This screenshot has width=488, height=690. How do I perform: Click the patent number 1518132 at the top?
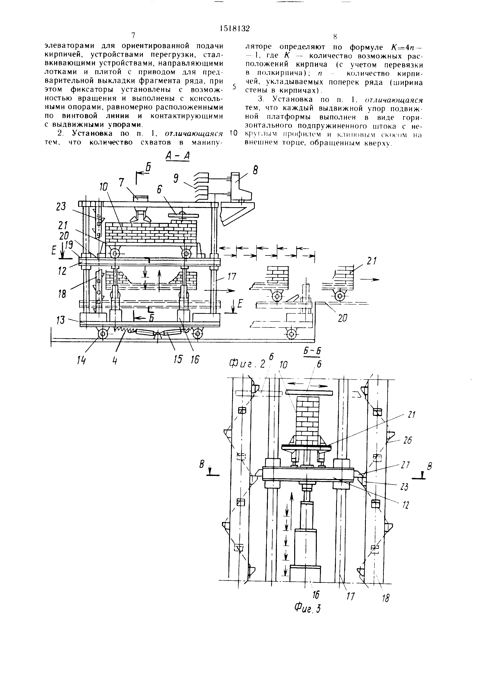coord(235,29)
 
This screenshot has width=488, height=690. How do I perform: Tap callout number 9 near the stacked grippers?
coord(176,179)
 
